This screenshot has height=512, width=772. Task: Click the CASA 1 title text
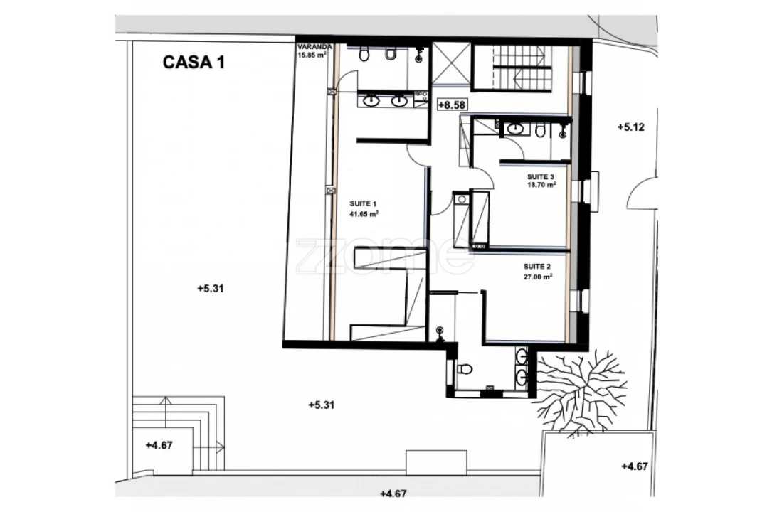(194, 63)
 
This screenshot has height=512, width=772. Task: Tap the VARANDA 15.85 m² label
(314, 51)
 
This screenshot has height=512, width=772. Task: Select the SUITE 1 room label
(363, 203)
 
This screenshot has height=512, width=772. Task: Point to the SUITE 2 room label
(537, 267)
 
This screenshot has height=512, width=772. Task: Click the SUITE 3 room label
(541, 177)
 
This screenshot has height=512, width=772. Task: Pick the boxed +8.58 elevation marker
(452, 105)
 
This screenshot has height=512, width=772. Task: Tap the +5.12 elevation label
(630, 127)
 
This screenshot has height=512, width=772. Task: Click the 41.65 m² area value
(364, 214)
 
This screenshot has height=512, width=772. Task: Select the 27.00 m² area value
(538, 277)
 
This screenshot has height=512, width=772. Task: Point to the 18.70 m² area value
(541, 186)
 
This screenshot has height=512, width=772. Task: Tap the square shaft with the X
(452, 65)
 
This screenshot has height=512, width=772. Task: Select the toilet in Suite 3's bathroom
(541, 130)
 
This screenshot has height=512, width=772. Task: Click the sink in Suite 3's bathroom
(515, 129)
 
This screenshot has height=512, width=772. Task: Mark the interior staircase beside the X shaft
(521, 66)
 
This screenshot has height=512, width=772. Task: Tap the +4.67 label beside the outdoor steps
(159, 446)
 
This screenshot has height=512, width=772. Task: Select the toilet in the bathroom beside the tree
(465, 369)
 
